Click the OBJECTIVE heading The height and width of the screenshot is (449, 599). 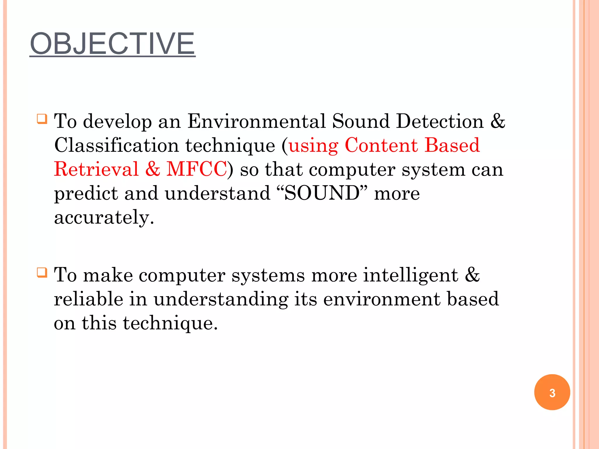pyautogui.click(x=112, y=44)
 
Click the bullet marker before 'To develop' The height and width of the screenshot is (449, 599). pyautogui.click(x=42, y=119)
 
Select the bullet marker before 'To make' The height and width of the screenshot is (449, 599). pyautogui.click(x=42, y=272)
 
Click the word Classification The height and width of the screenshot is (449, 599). pyautogui.click(x=116, y=145)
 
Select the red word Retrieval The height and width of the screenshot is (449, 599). pyautogui.click(x=96, y=169)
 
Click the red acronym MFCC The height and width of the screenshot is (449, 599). pyautogui.click(x=197, y=169)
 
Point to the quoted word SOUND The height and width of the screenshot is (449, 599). pyautogui.click(x=322, y=193)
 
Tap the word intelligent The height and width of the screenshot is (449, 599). pyautogui.click(x=410, y=275)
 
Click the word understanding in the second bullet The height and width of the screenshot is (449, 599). pyautogui.click(x=221, y=300)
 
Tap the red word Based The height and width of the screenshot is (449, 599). pyautogui.click(x=452, y=145)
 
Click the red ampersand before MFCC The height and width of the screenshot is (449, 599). pyautogui.click(x=153, y=169)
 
